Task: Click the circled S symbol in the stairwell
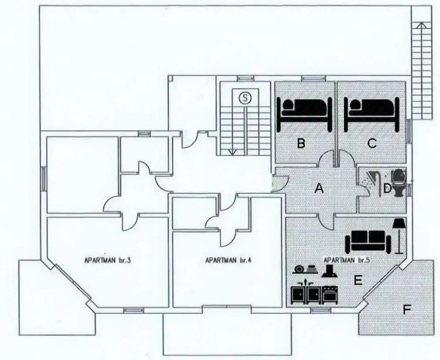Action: (x=245, y=97)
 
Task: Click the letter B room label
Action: (x=302, y=143)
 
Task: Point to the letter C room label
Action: (x=372, y=143)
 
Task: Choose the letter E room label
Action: (x=358, y=279)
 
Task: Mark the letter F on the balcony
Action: (x=407, y=310)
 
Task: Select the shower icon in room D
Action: (x=372, y=178)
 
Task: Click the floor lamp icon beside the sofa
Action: (x=397, y=235)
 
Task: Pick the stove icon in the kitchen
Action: (x=330, y=293)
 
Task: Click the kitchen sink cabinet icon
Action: (x=306, y=292)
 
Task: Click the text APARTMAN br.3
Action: (x=105, y=261)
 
